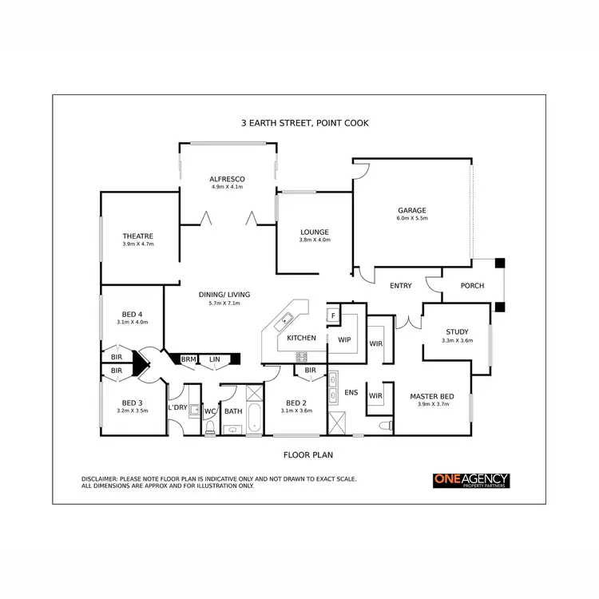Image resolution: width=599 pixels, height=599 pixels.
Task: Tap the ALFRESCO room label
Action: coord(227,178)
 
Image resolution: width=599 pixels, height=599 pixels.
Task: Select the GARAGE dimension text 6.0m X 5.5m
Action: coord(412,218)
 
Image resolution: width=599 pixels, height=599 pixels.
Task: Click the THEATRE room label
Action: coord(137,236)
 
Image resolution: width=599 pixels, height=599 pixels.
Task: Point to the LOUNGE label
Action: coord(314,232)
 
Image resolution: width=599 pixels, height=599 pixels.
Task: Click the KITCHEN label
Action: coord(301,338)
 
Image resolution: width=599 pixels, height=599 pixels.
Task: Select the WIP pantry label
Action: coord(345,339)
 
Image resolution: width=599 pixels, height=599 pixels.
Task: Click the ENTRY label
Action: coord(400,286)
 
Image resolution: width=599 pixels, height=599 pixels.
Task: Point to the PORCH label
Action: coord(473,286)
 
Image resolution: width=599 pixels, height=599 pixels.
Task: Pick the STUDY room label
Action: coord(457,331)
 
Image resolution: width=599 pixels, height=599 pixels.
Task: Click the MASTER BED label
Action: coord(432,396)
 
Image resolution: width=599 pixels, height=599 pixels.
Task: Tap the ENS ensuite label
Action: coord(351,393)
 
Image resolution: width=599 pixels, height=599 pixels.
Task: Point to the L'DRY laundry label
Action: coord(177,408)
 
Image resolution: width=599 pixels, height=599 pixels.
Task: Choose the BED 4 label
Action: coord(133,313)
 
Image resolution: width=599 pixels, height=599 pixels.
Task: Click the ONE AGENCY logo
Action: coord(470,480)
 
